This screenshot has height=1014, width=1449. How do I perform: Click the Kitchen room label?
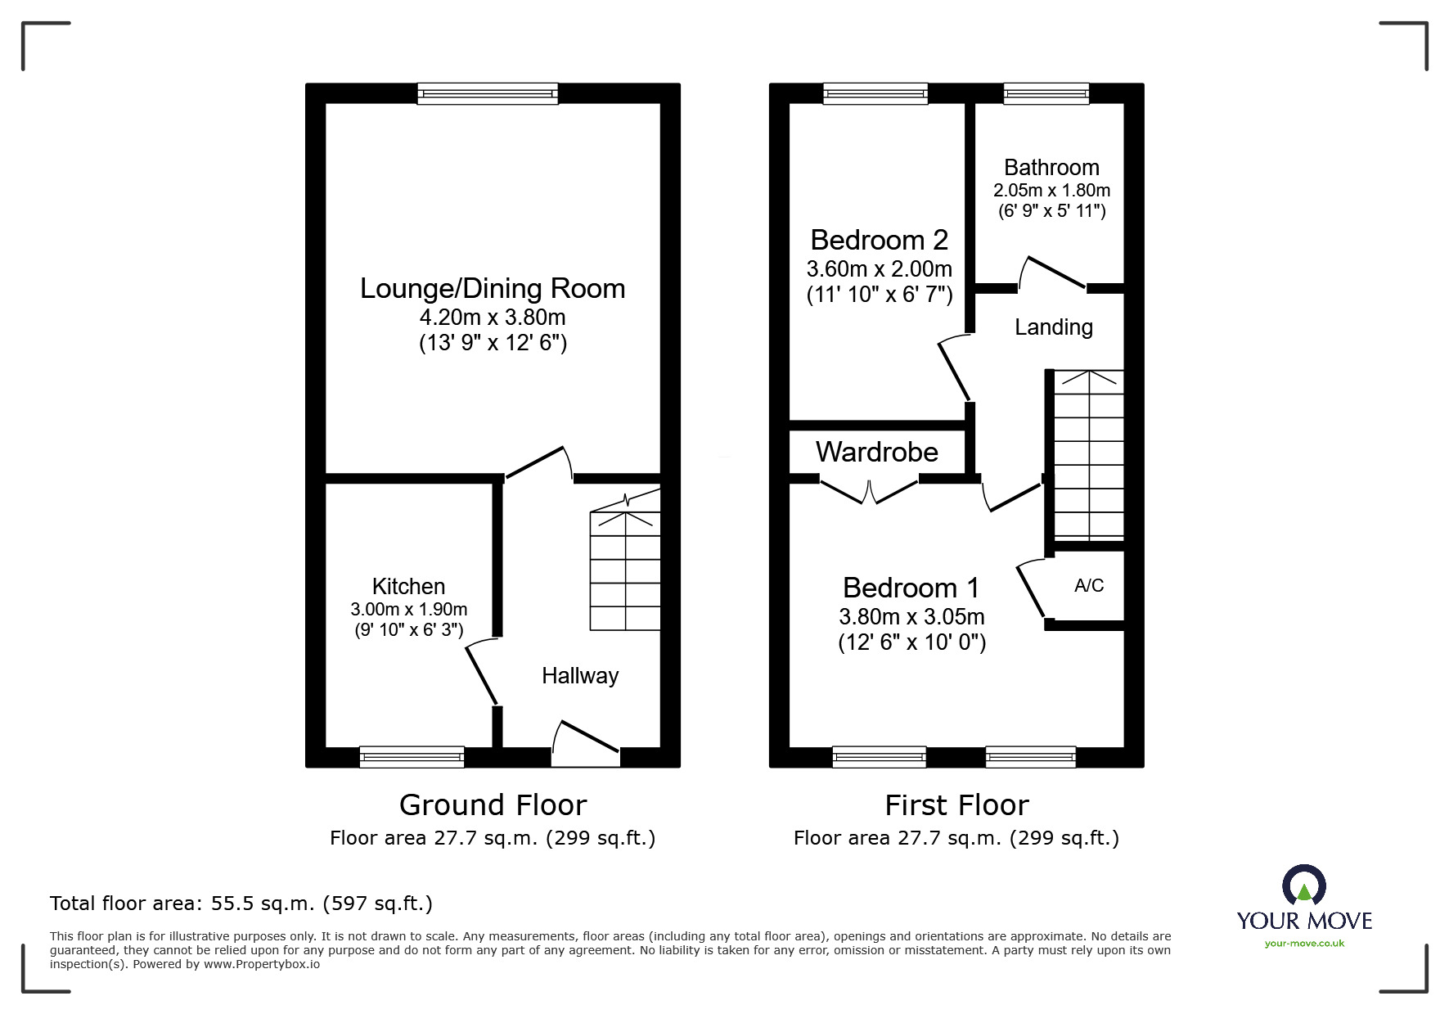(x=408, y=586)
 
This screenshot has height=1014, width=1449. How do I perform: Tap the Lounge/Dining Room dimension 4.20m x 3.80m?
(x=493, y=317)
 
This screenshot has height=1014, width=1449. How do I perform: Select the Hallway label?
(x=580, y=676)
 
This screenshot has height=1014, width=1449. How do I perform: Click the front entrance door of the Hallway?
(x=586, y=743)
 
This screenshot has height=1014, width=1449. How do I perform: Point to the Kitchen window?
(x=412, y=757)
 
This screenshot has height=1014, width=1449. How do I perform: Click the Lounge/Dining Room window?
(x=488, y=93)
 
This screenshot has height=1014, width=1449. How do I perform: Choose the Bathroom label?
(x=1051, y=168)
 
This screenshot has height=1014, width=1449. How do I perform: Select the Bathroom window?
(x=1046, y=93)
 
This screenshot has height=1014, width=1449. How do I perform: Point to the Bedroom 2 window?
(x=875, y=93)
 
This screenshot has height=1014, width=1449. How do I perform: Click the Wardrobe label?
(x=877, y=452)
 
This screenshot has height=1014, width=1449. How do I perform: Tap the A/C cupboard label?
(x=1089, y=585)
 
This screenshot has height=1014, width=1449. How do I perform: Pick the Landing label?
(x=1054, y=327)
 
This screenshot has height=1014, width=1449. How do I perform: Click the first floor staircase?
(x=1089, y=455)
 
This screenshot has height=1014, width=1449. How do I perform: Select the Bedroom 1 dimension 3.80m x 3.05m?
(x=911, y=616)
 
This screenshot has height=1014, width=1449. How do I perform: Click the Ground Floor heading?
(x=493, y=805)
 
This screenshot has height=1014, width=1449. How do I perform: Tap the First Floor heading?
(x=956, y=805)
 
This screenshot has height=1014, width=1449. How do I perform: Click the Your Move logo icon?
(x=1303, y=886)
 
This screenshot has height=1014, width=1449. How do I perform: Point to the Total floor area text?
(x=241, y=904)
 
